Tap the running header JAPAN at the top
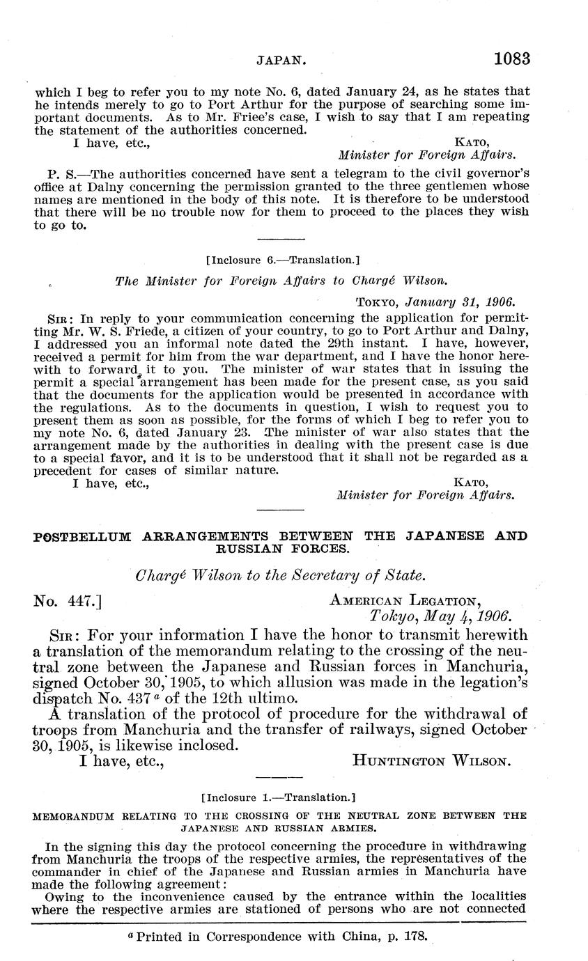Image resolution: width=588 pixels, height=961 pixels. [x=281, y=61]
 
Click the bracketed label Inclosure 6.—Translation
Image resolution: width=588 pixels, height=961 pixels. [x=283, y=260]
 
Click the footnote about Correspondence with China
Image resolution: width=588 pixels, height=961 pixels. [x=279, y=937]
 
